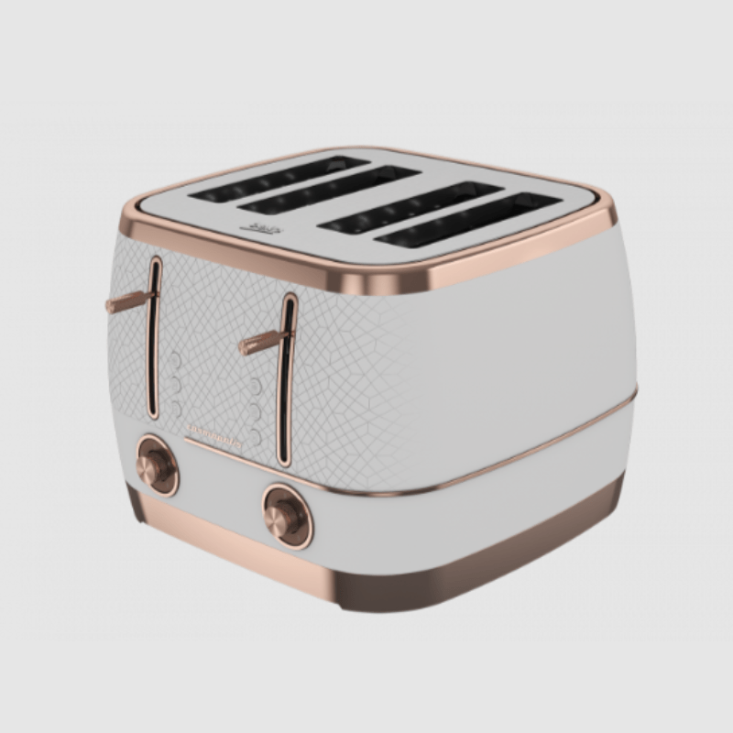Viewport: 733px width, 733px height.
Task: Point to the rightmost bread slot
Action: click(467, 220)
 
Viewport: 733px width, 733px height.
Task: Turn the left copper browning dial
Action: click(155, 465)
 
